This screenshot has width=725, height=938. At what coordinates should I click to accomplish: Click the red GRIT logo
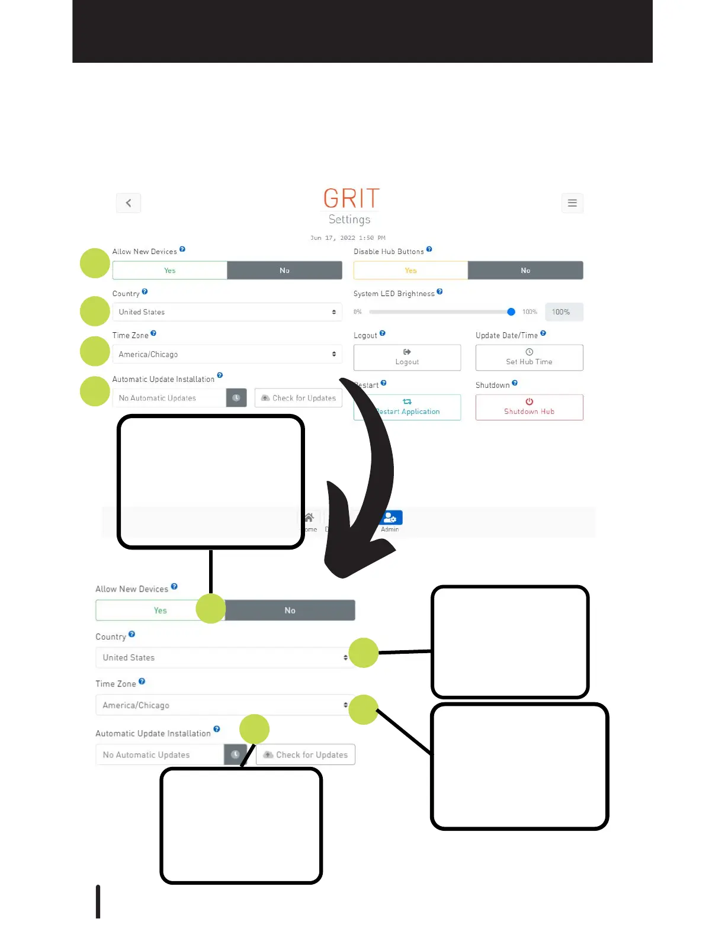(x=351, y=198)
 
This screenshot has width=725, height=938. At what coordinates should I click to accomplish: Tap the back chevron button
(x=129, y=203)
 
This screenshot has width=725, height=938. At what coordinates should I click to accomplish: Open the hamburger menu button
(x=572, y=203)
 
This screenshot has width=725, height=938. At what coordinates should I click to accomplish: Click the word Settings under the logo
(x=349, y=220)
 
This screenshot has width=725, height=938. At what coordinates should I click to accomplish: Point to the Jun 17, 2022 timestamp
(x=348, y=238)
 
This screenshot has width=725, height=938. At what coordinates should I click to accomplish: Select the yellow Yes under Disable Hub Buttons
(x=410, y=271)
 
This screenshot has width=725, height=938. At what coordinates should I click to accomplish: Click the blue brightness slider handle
(x=511, y=312)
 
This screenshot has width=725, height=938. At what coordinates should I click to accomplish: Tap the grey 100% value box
(x=563, y=312)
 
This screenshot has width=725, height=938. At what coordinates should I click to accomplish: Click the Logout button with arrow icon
(x=407, y=357)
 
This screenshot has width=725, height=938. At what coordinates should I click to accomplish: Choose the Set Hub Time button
(x=529, y=357)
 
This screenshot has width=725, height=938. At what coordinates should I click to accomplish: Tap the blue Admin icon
(x=390, y=518)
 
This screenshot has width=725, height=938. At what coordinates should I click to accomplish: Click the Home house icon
(x=309, y=518)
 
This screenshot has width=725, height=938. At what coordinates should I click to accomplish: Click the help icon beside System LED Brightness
(x=440, y=292)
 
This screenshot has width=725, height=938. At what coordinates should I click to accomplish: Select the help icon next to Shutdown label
(x=515, y=383)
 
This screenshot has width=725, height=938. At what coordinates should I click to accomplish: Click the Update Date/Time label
(x=506, y=336)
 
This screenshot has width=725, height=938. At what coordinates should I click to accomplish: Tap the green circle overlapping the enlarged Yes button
(x=211, y=609)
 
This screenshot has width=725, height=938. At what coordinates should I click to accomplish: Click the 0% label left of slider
(x=358, y=312)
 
